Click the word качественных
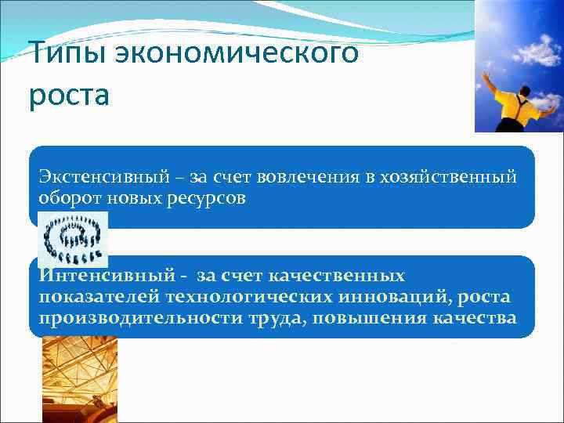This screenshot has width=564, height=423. [x=337, y=276]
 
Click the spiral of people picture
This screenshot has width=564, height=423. [x=74, y=239]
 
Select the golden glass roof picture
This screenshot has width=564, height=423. [x=79, y=380]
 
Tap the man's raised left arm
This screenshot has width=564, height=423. [x=490, y=82]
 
